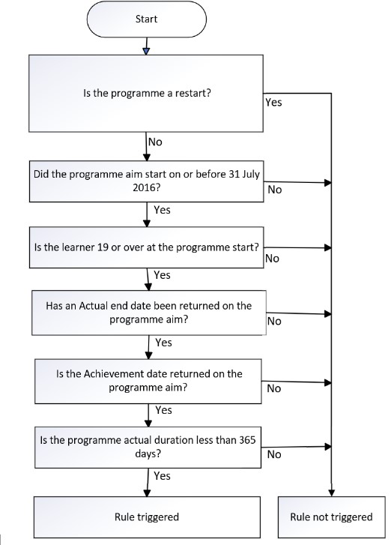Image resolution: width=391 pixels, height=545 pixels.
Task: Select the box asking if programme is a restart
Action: point(145,94)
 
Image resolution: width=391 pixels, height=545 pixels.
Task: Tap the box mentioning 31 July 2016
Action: point(145,181)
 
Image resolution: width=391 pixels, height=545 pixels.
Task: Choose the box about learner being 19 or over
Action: point(145,247)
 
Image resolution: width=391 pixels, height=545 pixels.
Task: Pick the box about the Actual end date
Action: point(145,312)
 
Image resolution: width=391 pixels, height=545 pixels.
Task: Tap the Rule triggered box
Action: point(145,517)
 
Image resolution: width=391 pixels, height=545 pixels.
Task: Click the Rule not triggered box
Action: point(330,517)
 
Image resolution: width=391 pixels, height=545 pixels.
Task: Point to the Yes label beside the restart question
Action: point(273,102)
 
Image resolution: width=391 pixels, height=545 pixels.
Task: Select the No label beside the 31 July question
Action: point(274,190)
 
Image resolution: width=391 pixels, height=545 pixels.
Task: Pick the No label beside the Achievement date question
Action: point(274,388)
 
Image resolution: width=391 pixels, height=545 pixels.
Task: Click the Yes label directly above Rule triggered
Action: point(162,475)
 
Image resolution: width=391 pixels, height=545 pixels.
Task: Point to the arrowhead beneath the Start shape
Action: point(145,50)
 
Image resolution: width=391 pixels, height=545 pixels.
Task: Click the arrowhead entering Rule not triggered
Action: point(330,491)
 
